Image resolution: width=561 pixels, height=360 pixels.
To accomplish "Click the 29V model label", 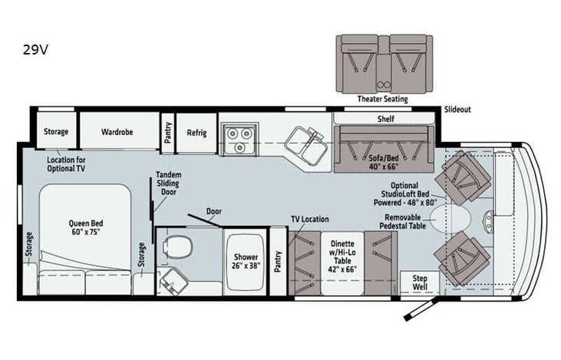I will [36, 52].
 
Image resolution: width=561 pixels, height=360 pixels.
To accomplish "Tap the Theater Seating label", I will [382, 99].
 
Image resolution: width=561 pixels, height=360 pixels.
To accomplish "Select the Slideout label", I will [457, 110].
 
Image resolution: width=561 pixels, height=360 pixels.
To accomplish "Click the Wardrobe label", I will [117, 132].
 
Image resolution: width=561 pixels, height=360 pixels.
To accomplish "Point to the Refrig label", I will [196, 132].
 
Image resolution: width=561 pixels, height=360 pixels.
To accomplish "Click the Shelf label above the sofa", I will [384, 119].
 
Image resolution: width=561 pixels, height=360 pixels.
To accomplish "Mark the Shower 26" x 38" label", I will [246, 262].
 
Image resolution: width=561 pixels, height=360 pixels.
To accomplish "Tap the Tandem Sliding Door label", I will [168, 184].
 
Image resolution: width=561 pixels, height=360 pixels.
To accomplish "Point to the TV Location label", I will [309, 220].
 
